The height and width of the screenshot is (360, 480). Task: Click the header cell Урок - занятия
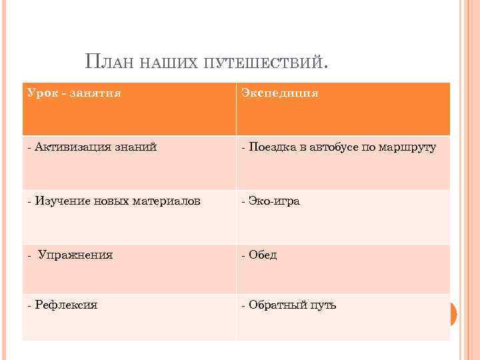coord(75,93)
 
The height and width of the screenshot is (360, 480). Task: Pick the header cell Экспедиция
coord(280,93)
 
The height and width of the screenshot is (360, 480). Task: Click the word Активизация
coord(67,147)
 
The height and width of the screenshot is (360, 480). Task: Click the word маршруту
coord(407,147)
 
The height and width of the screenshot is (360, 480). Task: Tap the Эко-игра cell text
coord(274,201)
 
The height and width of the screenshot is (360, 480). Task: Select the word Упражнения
coord(75,255)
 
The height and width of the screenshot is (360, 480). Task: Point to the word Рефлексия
coord(66,305)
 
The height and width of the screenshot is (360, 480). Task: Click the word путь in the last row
coord(322,305)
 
